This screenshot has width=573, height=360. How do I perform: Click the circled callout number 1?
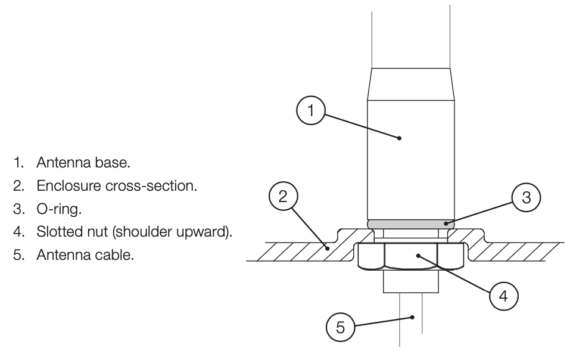[x=310, y=110]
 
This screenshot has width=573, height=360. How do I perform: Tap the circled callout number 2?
[x=283, y=197]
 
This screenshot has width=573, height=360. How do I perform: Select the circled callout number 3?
[x=526, y=197]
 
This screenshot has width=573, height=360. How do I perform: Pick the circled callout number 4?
[x=503, y=296]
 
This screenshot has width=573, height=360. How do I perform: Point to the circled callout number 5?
[x=340, y=327]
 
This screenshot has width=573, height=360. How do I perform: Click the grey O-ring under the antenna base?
[x=411, y=224]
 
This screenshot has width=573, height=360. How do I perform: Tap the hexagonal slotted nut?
[x=411, y=256]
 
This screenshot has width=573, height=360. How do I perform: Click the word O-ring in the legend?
[x=59, y=209]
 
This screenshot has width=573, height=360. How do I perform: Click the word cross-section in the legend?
[x=151, y=186]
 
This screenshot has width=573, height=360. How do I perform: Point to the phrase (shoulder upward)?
[x=172, y=232]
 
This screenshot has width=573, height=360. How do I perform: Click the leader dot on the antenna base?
[x=399, y=138]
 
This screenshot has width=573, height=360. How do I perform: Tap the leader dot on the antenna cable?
[x=412, y=317]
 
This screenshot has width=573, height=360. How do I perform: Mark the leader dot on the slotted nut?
[x=418, y=255]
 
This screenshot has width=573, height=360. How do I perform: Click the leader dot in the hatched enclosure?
[x=328, y=249]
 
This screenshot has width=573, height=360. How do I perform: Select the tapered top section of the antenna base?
[x=411, y=84]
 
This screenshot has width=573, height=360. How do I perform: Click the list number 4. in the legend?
[x=18, y=232]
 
